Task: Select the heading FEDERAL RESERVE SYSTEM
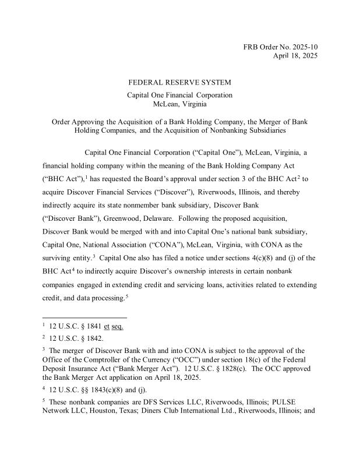point(179,82)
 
